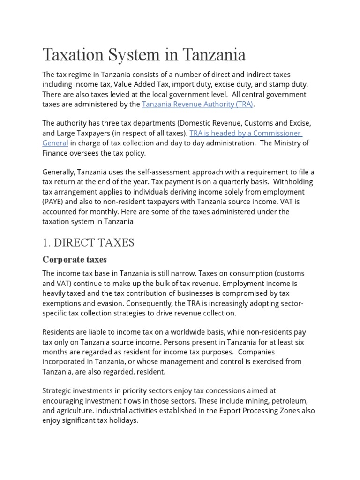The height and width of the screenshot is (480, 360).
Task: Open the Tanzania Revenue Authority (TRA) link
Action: click(197, 104)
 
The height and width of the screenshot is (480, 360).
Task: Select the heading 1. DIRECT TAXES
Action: click(88, 242)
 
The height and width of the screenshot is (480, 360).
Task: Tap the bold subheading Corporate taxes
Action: click(75, 259)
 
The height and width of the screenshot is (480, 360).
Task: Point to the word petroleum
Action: click(287, 401)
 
